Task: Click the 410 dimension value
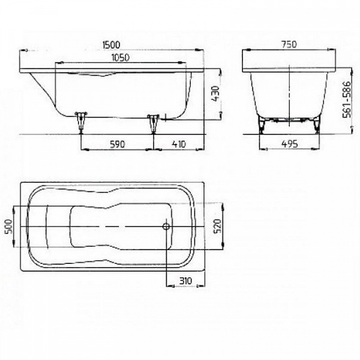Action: coord(179,143)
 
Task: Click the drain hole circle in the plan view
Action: coord(166,227)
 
